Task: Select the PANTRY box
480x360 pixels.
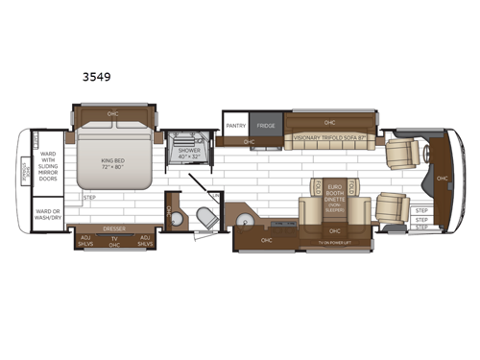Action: (235, 126)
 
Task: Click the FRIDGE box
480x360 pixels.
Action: (264, 126)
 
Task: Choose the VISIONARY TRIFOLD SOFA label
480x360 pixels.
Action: (329, 137)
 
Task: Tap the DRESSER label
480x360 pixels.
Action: (114, 228)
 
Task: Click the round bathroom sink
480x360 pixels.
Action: (174, 213)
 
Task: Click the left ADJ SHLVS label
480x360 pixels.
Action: (85, 240)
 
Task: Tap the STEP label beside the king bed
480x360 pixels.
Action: (90, 198)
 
